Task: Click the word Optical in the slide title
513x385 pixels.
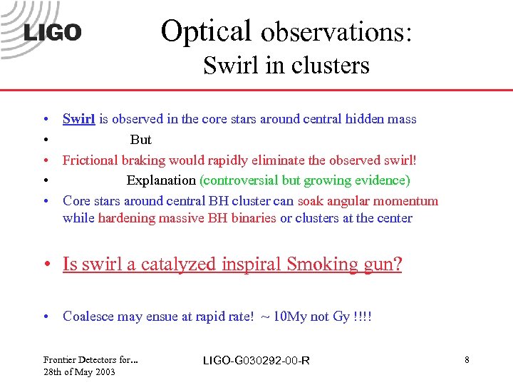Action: coord(207,31)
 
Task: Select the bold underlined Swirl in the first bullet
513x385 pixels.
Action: coord(78,119)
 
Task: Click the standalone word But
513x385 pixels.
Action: coord(140,140)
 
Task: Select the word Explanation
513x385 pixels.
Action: coord(161,180)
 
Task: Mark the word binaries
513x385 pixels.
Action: coord(252,218)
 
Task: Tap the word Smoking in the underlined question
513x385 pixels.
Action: coord(315,265)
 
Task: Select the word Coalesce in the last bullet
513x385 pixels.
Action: coord(88,316)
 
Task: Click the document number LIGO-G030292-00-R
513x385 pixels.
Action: coord(256,360)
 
